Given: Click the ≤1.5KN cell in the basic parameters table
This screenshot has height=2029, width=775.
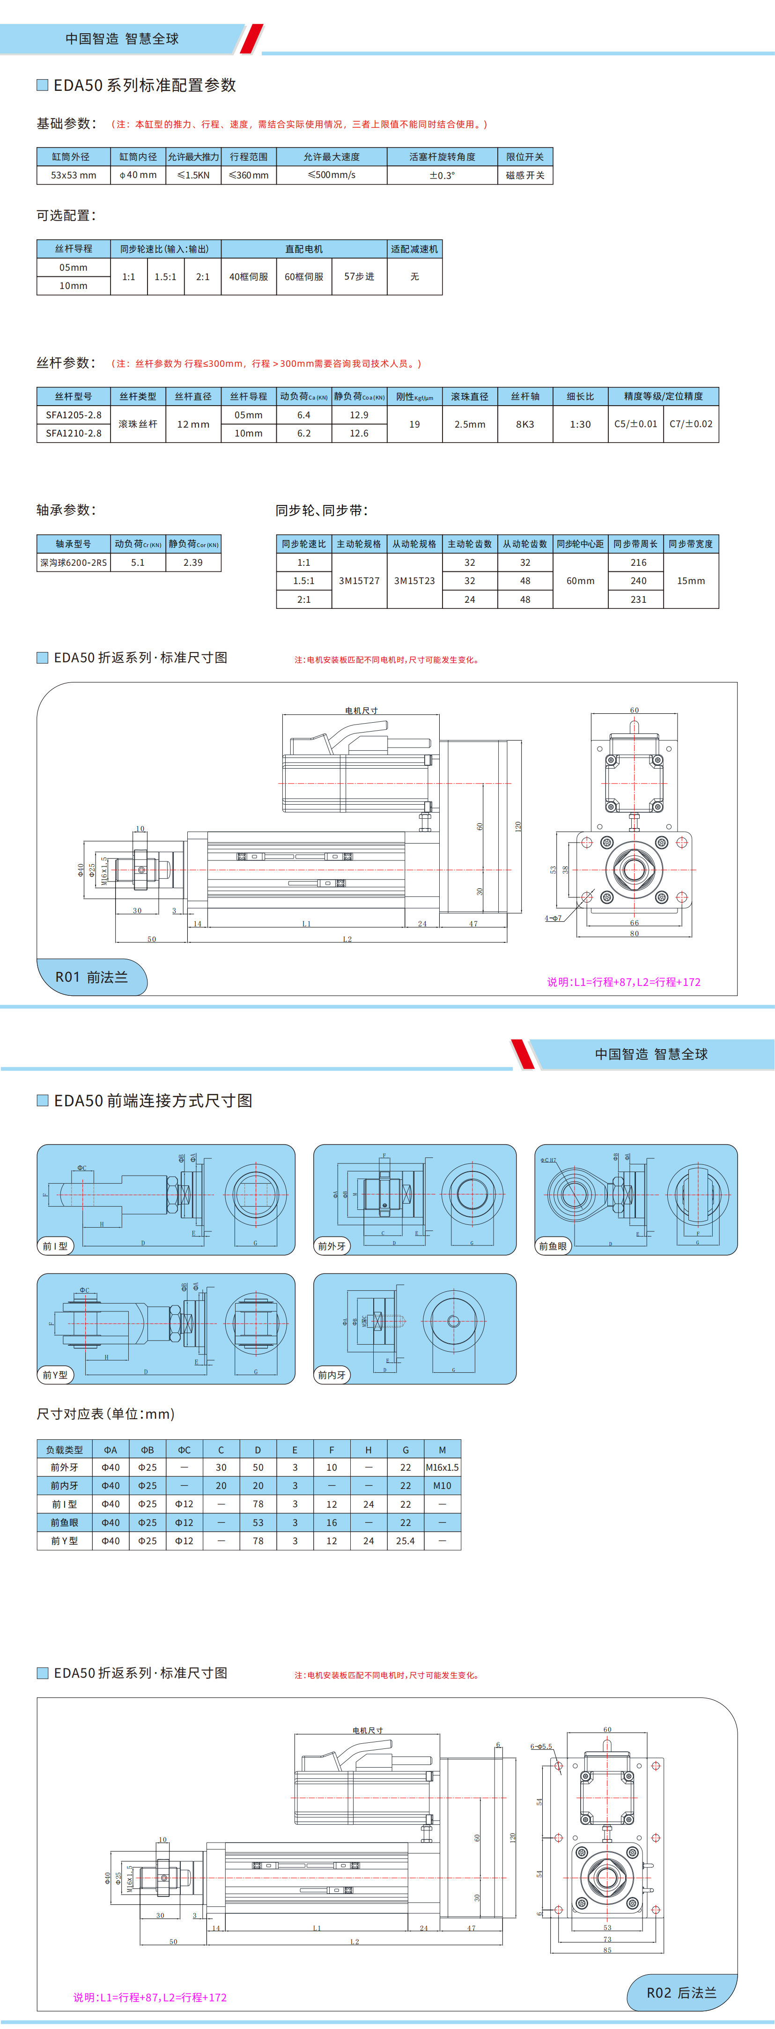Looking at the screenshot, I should tap(193, 175).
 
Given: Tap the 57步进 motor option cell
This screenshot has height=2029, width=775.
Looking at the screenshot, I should tap(359, 276).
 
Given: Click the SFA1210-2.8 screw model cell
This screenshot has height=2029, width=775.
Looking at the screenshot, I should tap(73, 433).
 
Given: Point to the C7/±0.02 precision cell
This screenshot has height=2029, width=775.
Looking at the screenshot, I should tap(691, 424).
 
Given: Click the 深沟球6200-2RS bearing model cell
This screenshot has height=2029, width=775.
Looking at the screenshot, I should tap(73, 563).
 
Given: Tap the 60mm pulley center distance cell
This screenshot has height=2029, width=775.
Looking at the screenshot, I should tap(581, 580).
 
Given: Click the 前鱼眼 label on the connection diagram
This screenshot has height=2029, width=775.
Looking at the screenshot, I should tap(552, 1246).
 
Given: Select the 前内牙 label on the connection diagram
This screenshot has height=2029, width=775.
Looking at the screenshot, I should tap(332, 1375).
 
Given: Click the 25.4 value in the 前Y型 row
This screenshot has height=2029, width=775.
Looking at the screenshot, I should tap(405, 1540).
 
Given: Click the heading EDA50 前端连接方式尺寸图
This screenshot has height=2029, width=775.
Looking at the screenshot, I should tap(153, 1100).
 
